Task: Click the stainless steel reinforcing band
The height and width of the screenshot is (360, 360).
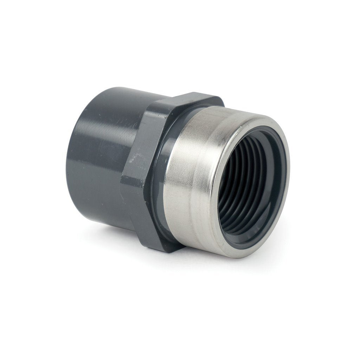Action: [x=190, y=176]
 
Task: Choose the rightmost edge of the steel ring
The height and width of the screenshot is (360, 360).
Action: [x=289, y=169]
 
